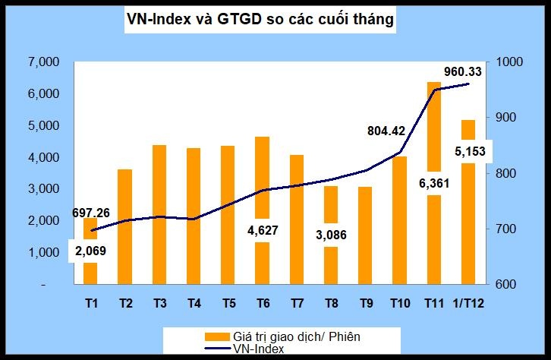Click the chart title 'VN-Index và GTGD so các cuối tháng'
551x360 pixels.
[x=260, y=21]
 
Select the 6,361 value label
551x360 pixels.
[x=433, y=182]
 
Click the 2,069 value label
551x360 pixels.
[x=91, y=250]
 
